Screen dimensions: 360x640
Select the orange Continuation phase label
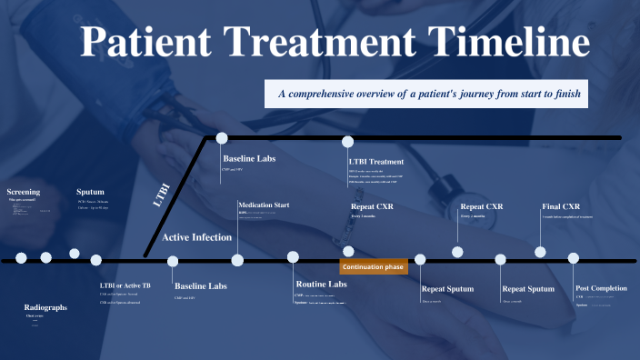coord(374,267)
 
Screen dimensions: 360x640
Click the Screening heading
coord(24,192)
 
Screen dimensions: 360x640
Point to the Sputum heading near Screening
coord(90,192)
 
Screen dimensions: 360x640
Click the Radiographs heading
coord(45,307)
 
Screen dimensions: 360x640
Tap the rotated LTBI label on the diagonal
coord(162,195)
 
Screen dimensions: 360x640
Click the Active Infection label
coord(196,237)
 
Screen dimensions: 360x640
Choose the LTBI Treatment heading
coord(376,162)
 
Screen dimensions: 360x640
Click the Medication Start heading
coord(264,205)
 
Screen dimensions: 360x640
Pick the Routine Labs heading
coord(320,285)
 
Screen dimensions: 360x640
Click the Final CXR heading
coord(560,206)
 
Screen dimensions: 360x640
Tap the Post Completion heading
coord(601,288)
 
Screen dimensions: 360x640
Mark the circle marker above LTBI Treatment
coord(347,141)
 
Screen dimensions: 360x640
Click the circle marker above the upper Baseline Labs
coord(221,138)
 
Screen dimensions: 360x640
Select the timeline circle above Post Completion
coord(574,259)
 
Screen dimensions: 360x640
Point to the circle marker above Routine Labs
coord(293,257)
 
